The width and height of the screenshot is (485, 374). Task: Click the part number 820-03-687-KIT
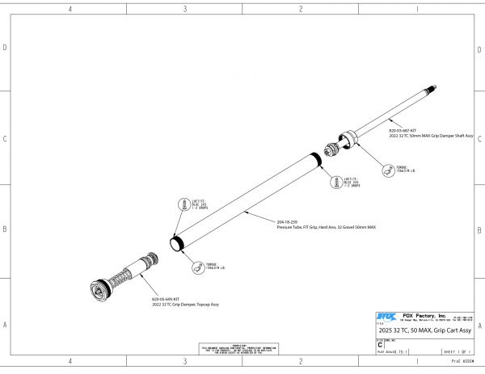click(x=402, y=130)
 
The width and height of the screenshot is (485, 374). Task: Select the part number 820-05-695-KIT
click(x=164, y=300)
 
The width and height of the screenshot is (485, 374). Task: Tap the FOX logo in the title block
click(x=387, y=315)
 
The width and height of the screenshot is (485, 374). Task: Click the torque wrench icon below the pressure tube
click(x=196, y=267)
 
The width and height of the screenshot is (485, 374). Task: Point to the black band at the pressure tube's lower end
click(x=174, y=242)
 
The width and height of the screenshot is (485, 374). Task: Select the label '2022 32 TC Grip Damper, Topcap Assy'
click(x=185, y=305)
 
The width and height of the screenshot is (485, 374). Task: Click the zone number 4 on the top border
click(x=71, y=9)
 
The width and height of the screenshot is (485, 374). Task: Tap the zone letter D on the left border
click(x=6, y=48)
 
